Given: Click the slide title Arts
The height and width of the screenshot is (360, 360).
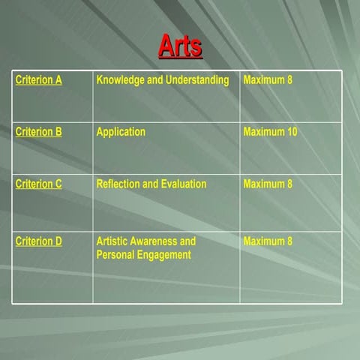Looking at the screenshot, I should coord(180,46).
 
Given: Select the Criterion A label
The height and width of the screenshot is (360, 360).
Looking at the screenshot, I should coord(38,80).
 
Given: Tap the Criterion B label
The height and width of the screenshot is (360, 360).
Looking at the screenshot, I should coord(38,132).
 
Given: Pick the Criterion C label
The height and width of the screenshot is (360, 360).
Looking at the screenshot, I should coord(38,184).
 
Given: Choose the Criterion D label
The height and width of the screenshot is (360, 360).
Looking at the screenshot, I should coord(38,241).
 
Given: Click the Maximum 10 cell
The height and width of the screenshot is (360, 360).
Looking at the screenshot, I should coord(270,132).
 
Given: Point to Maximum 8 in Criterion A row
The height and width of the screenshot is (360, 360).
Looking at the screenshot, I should coord(268,80).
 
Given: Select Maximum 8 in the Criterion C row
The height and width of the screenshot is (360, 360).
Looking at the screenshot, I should coord(268,184).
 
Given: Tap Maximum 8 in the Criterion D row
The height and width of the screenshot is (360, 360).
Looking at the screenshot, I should coord(268,241).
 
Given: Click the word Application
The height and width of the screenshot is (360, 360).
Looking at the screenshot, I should coord(121,132).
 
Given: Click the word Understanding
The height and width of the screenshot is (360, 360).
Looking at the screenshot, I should coord(198,80).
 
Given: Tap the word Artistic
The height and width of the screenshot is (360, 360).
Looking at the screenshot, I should coord(113,241).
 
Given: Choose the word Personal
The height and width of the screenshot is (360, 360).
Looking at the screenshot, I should coord(117,255).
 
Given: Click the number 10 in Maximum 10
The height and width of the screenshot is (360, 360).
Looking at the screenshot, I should coord(292,132).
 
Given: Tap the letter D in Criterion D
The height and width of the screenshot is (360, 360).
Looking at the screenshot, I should coord(58,241).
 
